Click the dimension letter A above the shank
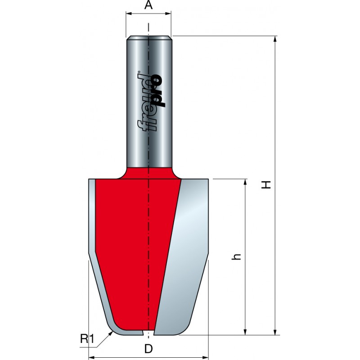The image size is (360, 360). point(148,5)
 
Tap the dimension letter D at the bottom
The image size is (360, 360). point(148,349)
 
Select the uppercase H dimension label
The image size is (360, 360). point(266,185)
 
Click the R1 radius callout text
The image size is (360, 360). point(87,339)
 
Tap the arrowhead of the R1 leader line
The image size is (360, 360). point(111,333)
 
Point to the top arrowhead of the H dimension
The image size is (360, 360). point(275,39)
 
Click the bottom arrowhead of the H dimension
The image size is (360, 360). point(275,332)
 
